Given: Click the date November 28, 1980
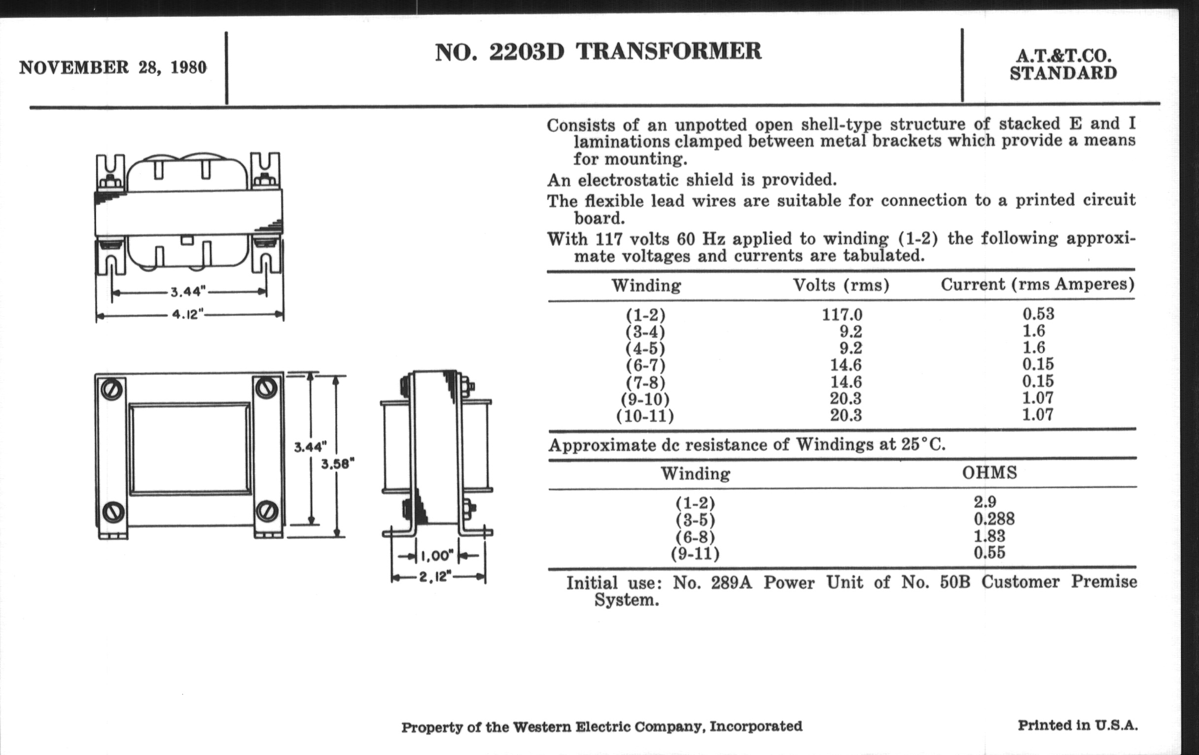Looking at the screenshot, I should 112,67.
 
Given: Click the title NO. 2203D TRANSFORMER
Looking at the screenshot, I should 598,52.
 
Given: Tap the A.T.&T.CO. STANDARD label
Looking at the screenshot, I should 1063,64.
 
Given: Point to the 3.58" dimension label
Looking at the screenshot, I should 337,464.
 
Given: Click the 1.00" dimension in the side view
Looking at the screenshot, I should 437,555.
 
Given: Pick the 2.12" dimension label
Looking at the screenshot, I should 435,577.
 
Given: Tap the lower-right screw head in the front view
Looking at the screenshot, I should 266,510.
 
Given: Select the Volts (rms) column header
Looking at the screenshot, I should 841,286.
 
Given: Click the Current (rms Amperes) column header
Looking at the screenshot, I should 1037,285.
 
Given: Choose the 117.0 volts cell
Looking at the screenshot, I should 842,315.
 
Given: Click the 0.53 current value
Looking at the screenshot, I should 1038,314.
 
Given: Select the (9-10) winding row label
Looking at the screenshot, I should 645,399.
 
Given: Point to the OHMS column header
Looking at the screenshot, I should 989,472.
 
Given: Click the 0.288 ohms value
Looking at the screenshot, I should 994,519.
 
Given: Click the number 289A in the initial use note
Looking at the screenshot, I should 731,583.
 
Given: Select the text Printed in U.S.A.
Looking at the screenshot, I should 1078,725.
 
